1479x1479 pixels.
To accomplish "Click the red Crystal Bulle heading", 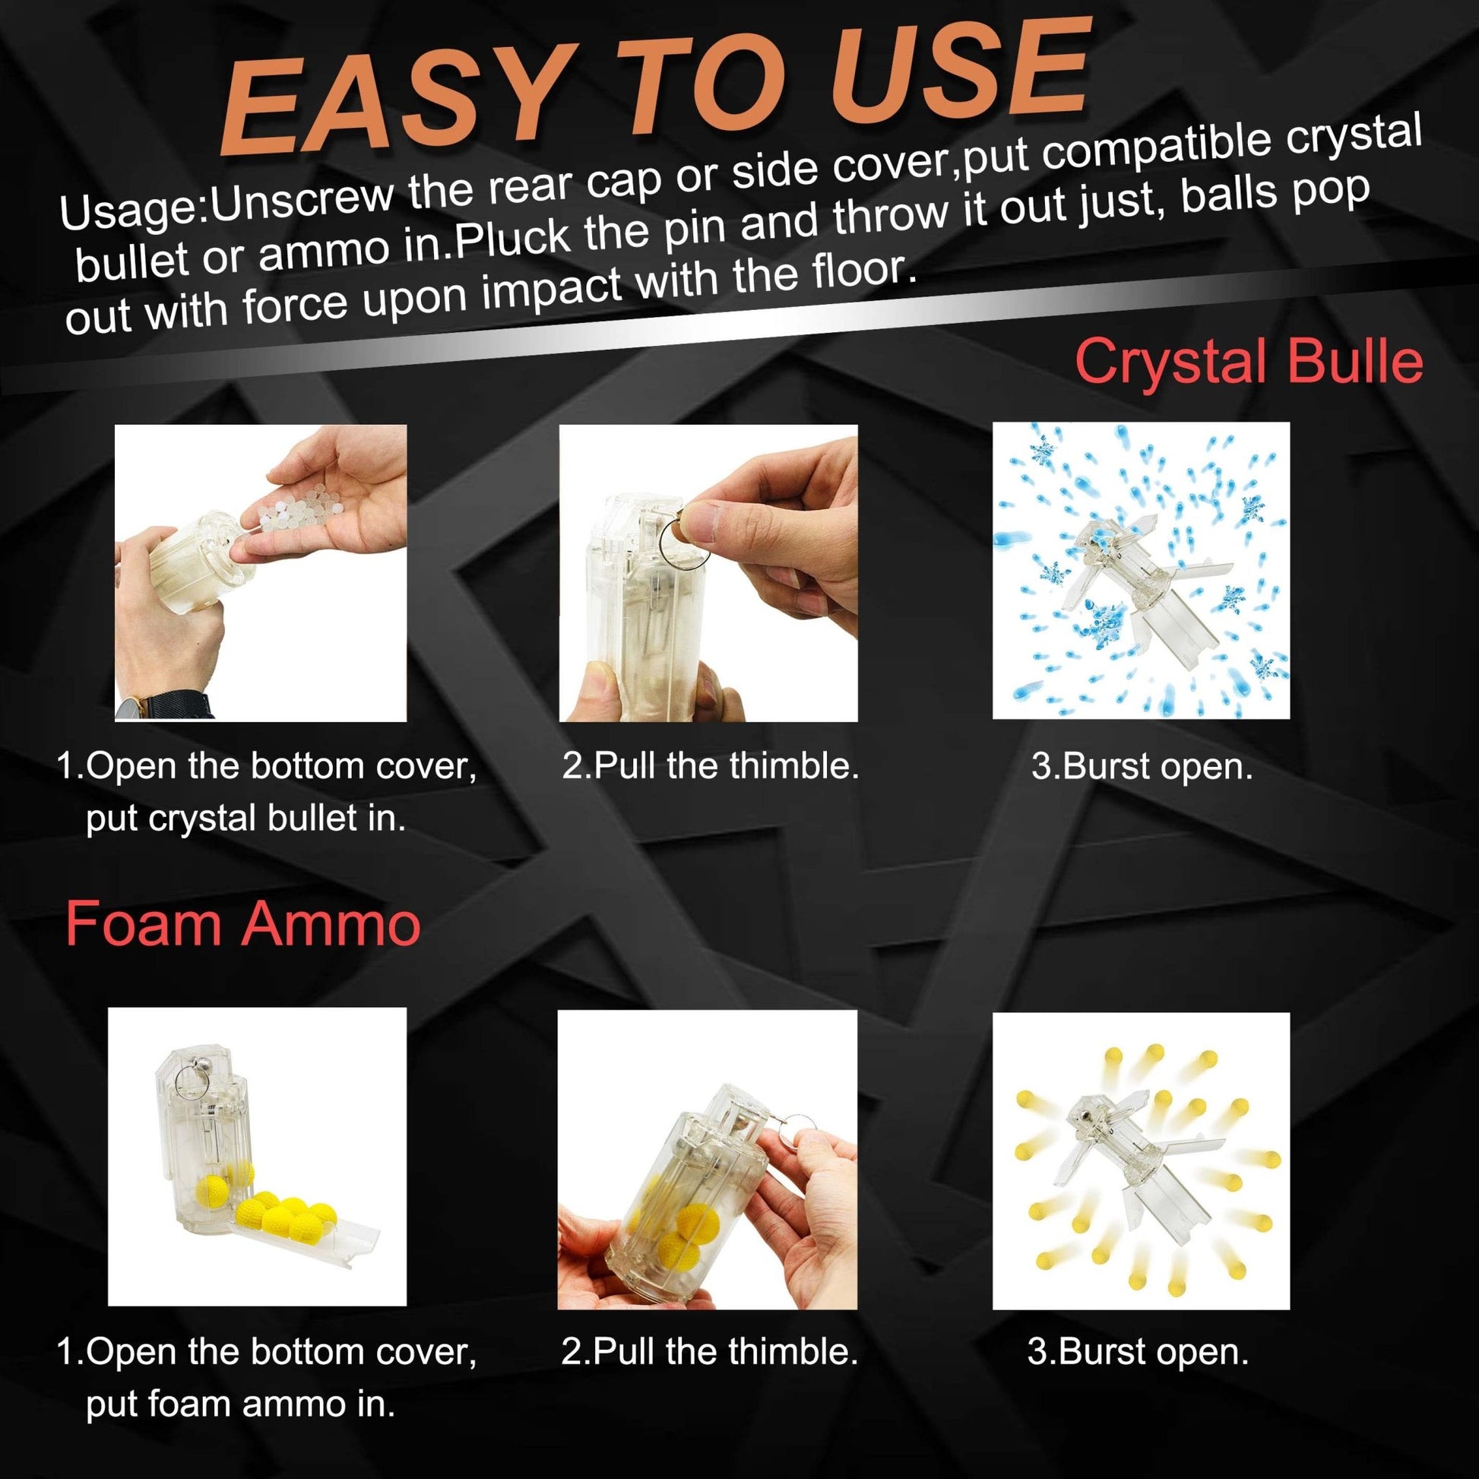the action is click(x=1249, y=360).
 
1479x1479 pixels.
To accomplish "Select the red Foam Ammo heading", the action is click(x=242, y=924).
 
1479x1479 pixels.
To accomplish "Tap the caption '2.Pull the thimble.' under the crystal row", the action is click(x=711, y=765).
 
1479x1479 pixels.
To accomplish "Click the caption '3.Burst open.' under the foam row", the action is click(x=1139, y=1353).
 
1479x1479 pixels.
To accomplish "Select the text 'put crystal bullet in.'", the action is click(x=245, y=819).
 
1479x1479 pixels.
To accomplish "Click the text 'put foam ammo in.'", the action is click(x=241, y=1404).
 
